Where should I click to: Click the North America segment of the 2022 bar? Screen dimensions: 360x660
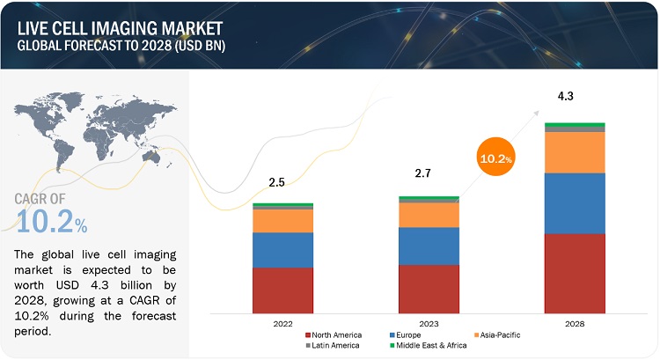pyautogui.click(x=282, y=290)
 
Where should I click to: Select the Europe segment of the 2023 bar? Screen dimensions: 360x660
pyautogui.click(x=429, y=246)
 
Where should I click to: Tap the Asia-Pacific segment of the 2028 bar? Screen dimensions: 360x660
pyautogui.click(x=575, y=152)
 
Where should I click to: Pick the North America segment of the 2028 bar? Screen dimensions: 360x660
pyautogui.click(x=575, y=273)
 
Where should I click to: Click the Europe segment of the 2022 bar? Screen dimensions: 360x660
pyautogui.click(x=282, y=250)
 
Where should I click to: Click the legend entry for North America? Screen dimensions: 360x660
pyautogui.click(x=335, y=334)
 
